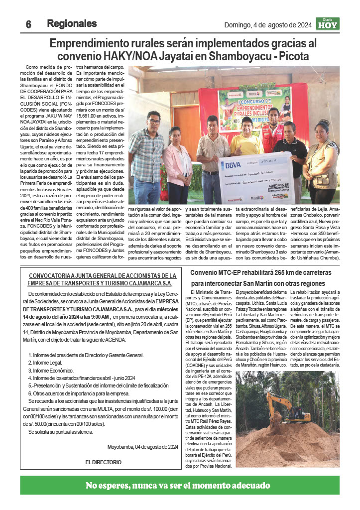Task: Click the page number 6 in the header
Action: pos(29,24)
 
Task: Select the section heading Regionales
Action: pos(72,23)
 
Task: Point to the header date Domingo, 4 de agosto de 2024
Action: pos(268,24)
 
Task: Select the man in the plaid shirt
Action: pos(148,154)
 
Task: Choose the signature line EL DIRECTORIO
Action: pos(103,462)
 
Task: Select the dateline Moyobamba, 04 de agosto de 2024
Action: pos(142,446)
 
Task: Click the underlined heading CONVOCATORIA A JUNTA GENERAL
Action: pos(103,275)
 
